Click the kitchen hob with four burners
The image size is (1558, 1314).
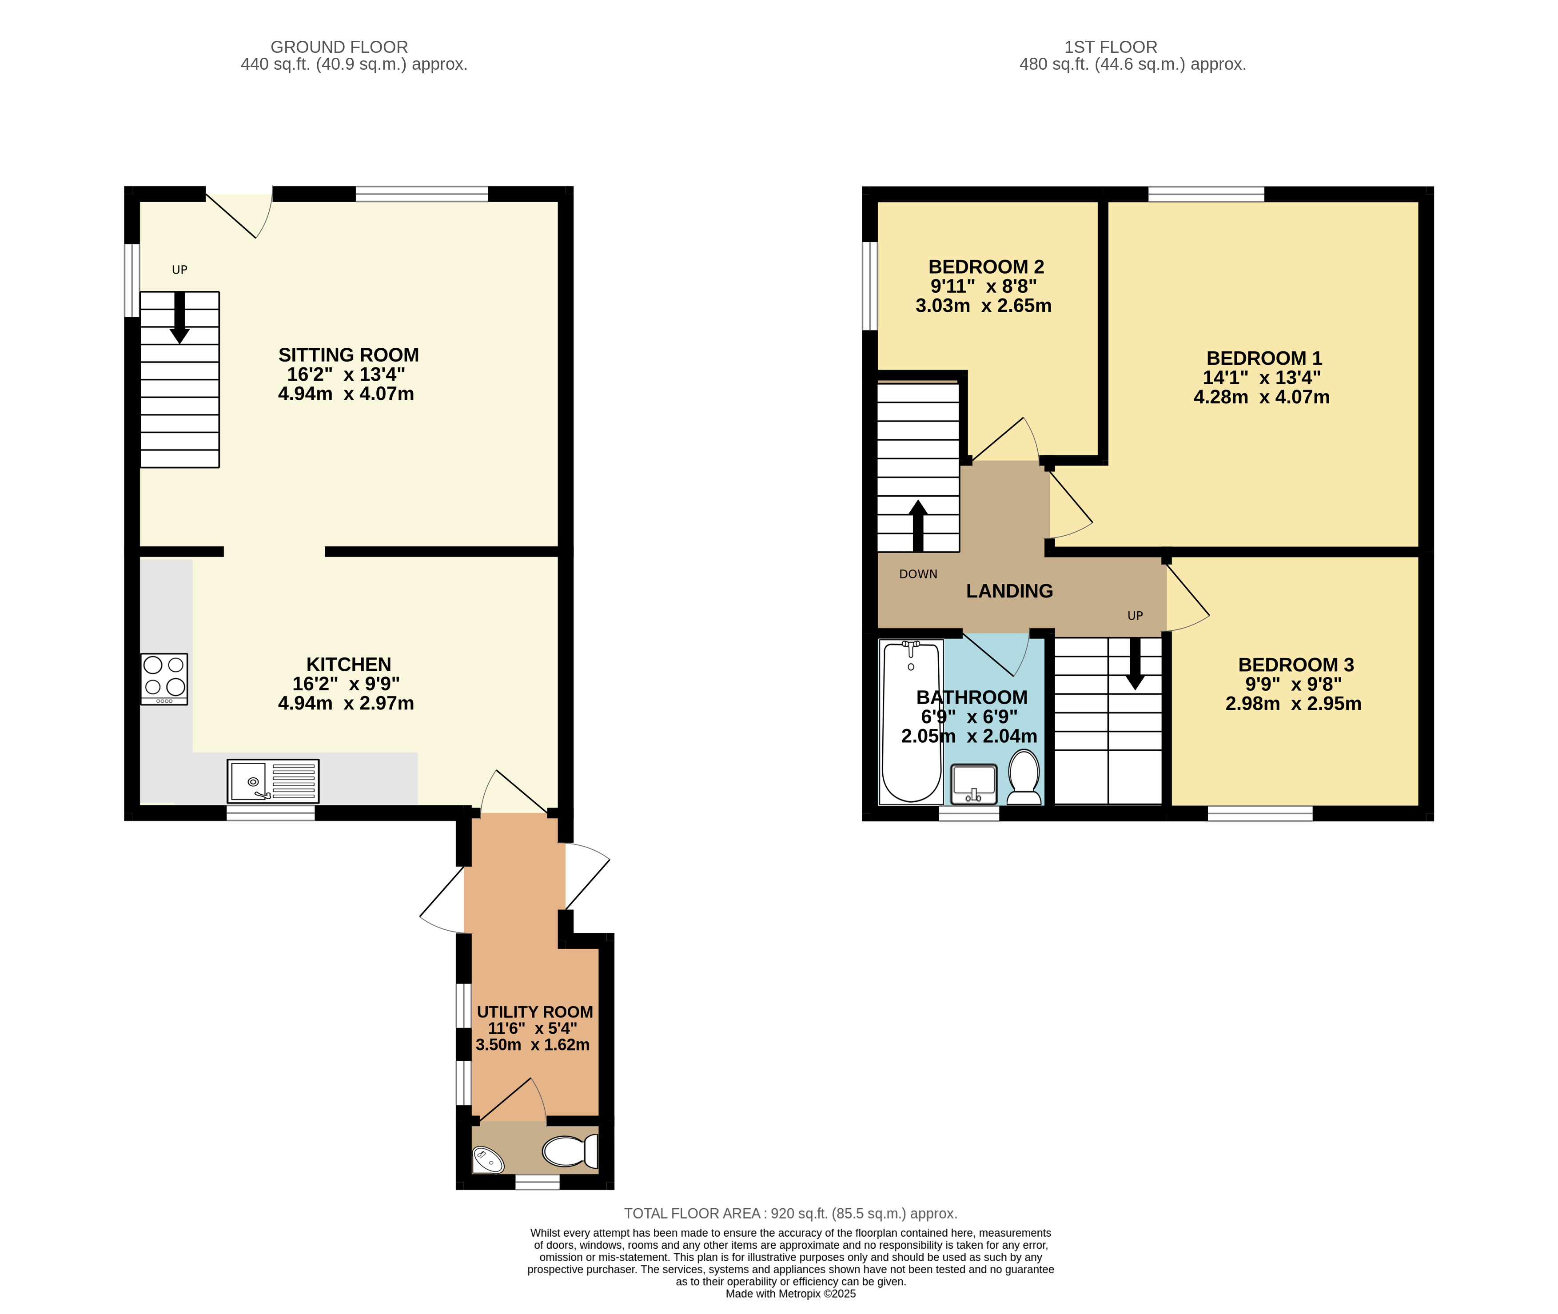(x=164, y=679)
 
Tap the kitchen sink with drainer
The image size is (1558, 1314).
(x=273, y=780)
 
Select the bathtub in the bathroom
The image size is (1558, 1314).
(x=911, y=722)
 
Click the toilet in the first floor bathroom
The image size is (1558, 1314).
(x=1024, y=778)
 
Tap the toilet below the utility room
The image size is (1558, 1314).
(x=570, y=1151)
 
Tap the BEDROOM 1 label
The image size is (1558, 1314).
(x=1264, y=358)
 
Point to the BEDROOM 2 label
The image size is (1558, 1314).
(x=986, y=267)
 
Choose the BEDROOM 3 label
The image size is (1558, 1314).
(x=1296, y=665)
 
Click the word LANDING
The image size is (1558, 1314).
(x=1010, y=591)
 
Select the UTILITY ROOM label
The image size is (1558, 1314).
(x=535, y=1011)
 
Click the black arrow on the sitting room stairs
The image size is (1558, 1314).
(x=179, y=317)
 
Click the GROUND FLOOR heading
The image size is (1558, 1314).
(x=339, y=47)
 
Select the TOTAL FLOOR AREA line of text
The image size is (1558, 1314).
(x=790, y=1214)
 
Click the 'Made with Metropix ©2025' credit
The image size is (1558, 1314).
(x=790, y=1294)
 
